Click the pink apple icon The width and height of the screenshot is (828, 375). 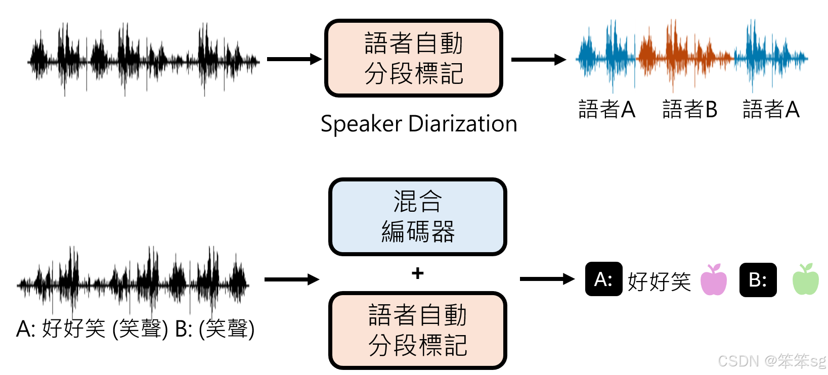point(713,280)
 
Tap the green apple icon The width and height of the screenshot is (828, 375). point(805,280)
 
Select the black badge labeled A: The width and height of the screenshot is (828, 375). point(603,279)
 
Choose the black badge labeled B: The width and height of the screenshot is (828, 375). point(758,279)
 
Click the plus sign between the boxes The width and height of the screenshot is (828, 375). point(417,273)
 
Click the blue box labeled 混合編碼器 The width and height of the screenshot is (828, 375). point(417,217)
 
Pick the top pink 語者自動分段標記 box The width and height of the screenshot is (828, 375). point(413,58)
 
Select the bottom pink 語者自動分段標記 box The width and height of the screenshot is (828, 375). point(417,330)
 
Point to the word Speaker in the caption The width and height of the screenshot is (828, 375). point(361,124)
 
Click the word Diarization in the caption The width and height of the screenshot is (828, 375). point(462,124)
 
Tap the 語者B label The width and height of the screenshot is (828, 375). point(689,109)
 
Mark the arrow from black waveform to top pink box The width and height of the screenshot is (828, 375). point(294,59)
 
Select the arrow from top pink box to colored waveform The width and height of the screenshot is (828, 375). point(538,60)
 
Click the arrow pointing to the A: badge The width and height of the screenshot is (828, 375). point(547,278)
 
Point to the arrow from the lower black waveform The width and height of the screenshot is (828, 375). point(291,279)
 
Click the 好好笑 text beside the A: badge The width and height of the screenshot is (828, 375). point(659,281)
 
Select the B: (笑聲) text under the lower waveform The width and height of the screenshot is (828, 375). point(214,329)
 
